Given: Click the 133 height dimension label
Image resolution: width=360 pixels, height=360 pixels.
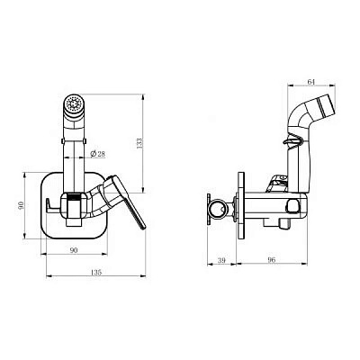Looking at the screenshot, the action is [139, 143].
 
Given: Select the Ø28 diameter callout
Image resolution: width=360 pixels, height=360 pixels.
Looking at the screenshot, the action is [97, 154].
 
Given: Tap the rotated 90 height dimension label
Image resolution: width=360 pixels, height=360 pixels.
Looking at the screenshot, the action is [21, 205].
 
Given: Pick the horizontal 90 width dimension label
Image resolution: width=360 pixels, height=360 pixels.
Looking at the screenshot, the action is [74, 250].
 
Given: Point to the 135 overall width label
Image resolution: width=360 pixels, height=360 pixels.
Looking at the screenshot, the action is [96, 273].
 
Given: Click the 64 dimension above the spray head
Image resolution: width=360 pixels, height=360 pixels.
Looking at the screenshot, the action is [311, 82].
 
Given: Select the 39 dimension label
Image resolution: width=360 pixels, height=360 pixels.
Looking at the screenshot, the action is [221, 260].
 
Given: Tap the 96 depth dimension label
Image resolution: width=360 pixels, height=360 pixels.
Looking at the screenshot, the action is [272, 260].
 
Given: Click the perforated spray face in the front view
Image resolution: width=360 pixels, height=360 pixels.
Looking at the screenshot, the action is [74, 104].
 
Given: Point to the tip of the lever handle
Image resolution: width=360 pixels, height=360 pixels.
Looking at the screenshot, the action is [143, 228].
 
